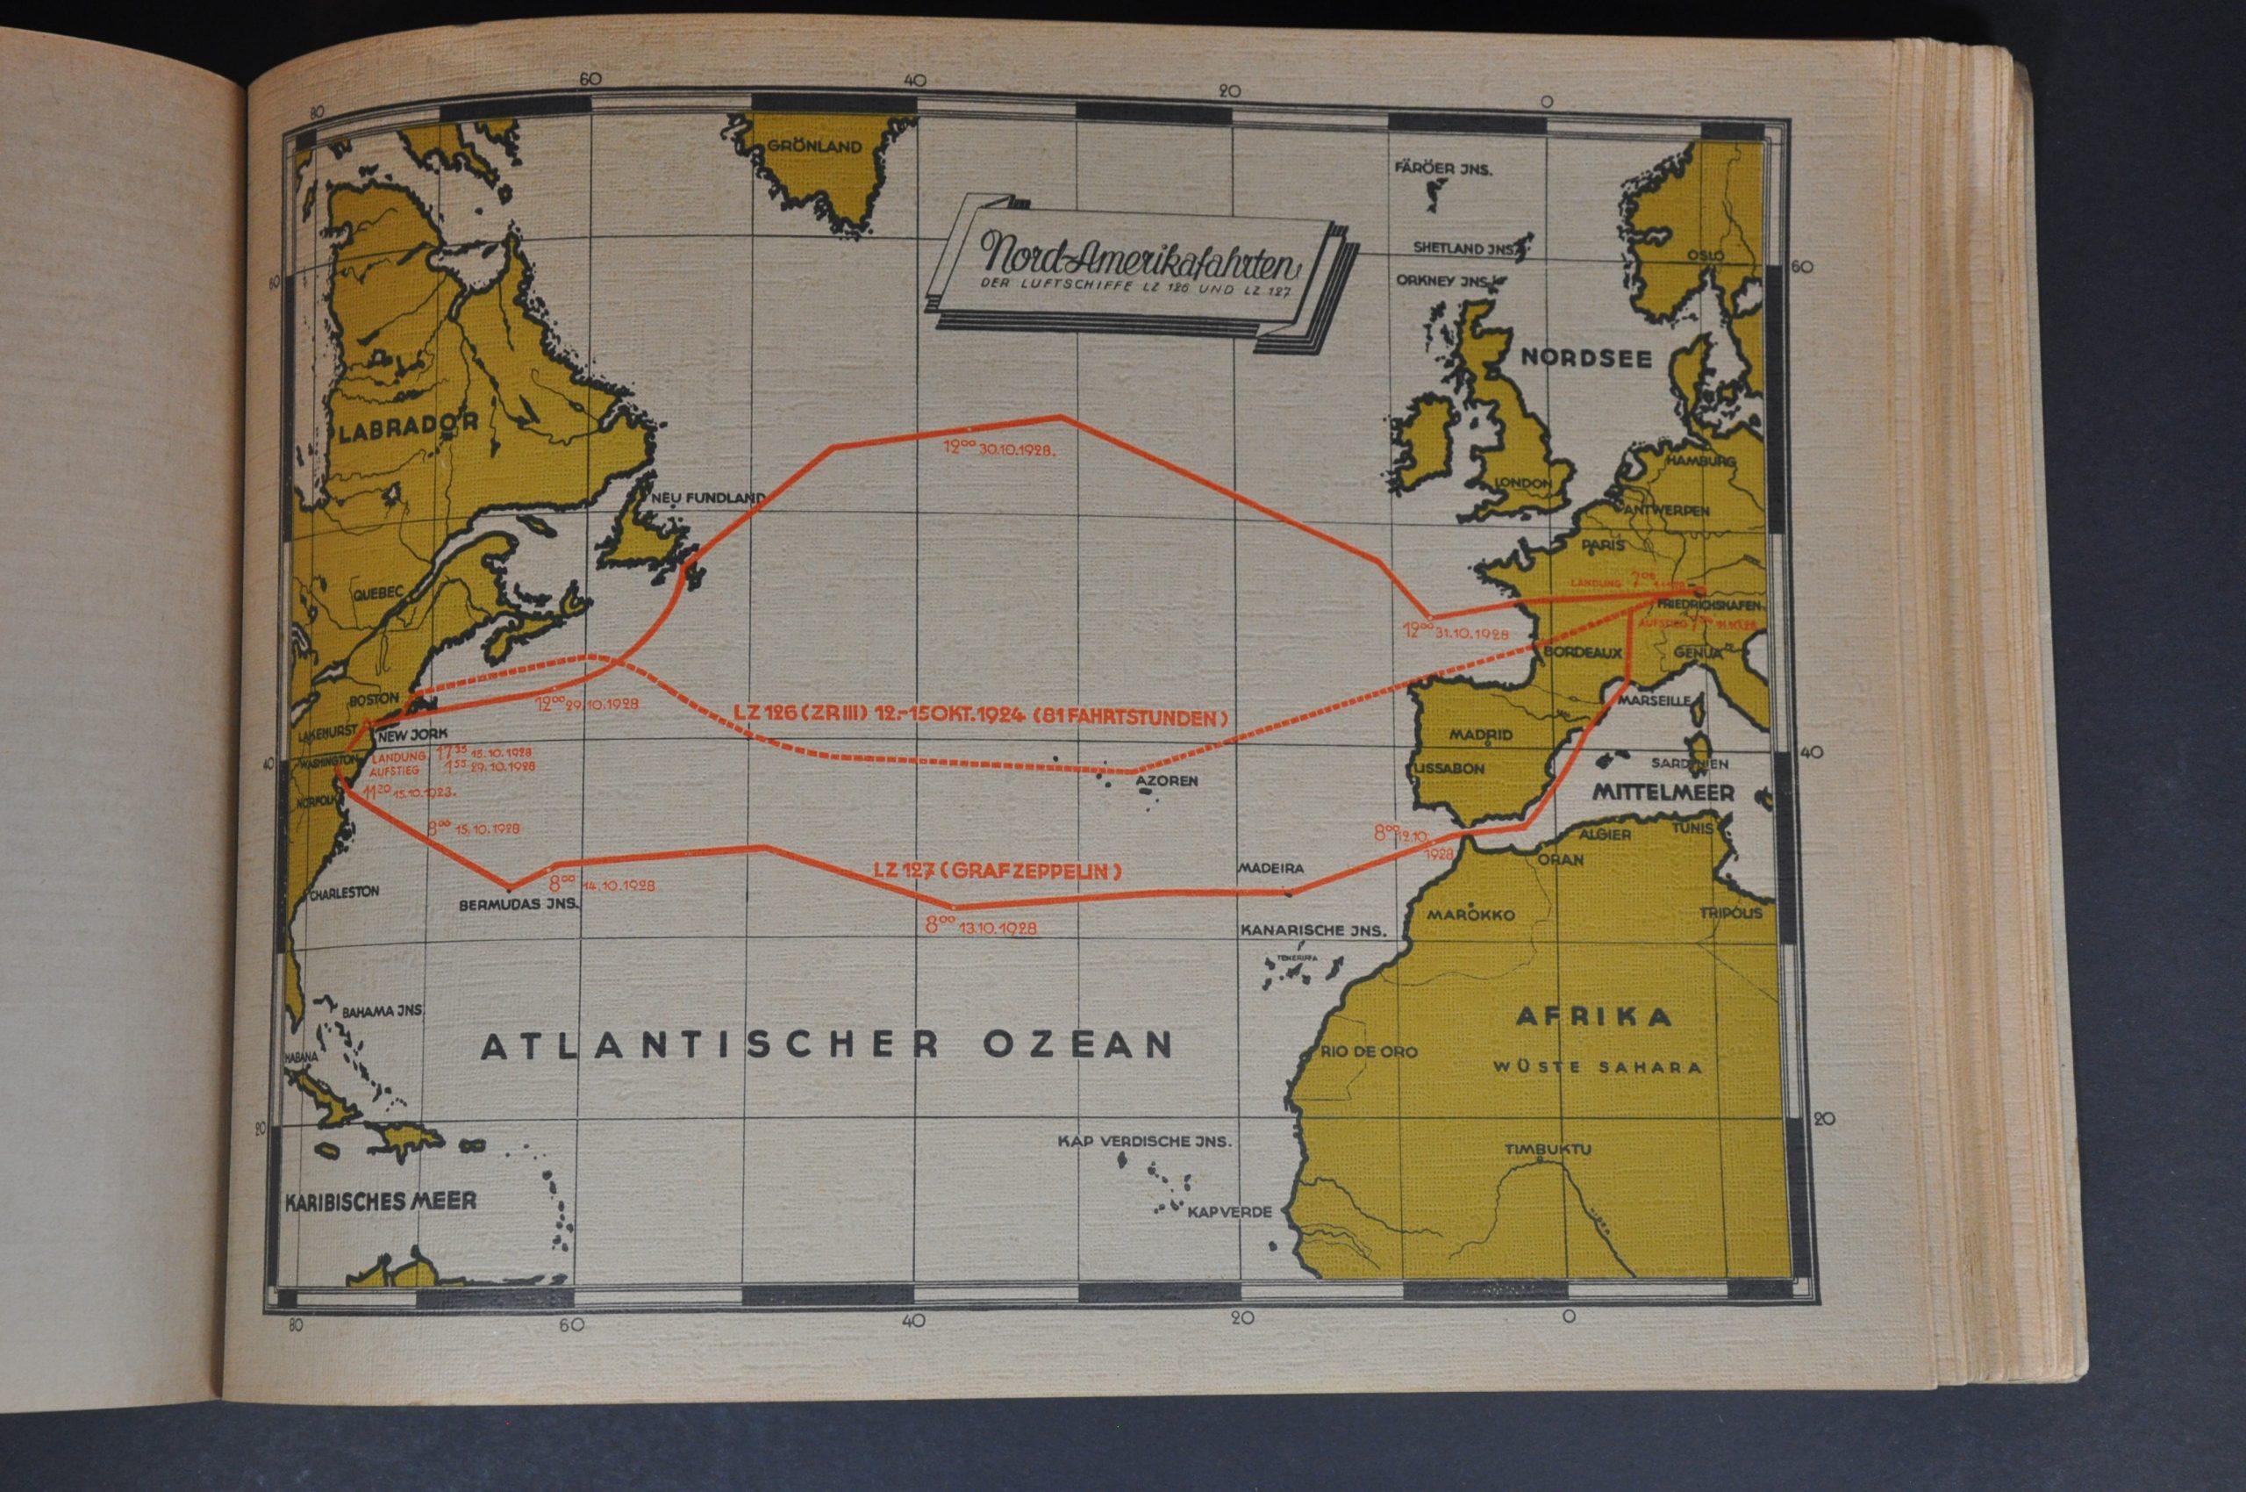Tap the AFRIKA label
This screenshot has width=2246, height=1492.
[x=1593, y=1017]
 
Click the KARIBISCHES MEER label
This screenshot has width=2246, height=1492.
[x=381, y=1201]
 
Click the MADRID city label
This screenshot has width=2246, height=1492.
[x=1479, y=735]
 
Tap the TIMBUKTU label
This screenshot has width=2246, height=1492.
[x=1547, y=1150]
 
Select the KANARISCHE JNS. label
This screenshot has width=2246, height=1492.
[x=1313, y=931]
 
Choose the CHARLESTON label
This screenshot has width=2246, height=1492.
[x=345, y=893]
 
